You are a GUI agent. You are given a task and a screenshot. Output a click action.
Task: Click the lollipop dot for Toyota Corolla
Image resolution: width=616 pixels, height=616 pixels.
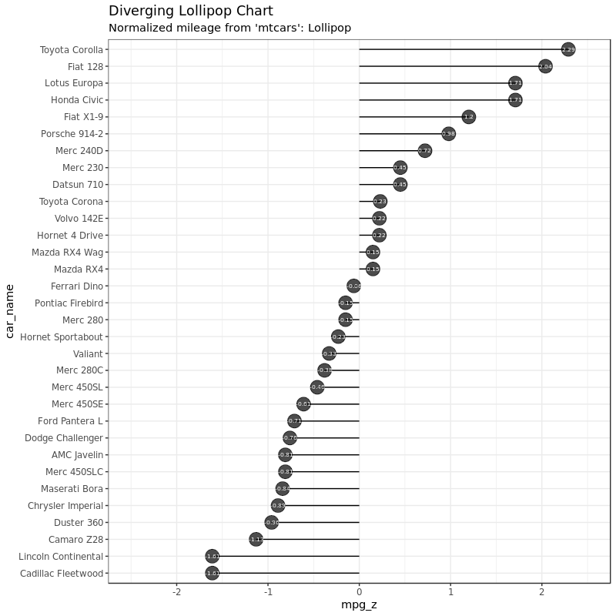click(x=568, y=49)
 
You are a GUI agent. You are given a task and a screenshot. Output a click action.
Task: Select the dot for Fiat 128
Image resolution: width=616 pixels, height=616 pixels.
click(x=545, y=66)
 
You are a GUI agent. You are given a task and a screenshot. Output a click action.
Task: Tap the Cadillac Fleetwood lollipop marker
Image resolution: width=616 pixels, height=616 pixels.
click(x=213, y=573)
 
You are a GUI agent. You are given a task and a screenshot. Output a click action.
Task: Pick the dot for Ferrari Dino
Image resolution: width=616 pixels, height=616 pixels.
click(x=353, y=286)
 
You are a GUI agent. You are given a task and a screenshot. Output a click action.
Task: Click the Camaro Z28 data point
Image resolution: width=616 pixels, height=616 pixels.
click(x=256, y=539)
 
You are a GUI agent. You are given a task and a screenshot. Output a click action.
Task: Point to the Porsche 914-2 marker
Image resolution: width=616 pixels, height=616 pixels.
click(x=448, y=134)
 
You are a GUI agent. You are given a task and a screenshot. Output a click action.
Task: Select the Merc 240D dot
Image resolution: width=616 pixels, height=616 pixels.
click(x=424, y=151)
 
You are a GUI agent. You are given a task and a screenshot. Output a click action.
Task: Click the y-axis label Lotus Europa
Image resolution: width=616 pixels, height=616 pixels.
click(x=74, y=83)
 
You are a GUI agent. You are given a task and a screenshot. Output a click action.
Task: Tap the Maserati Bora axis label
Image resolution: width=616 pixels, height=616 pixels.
click(x=72, y=489)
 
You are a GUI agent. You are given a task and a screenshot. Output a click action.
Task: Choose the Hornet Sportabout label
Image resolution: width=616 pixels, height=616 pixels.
click(x=62, y=336)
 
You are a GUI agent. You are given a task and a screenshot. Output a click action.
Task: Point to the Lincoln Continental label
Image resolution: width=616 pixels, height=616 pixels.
click(x=61, y=557)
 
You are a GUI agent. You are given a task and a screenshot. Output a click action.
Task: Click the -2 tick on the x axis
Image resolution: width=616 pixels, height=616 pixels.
click(x=176, y=592)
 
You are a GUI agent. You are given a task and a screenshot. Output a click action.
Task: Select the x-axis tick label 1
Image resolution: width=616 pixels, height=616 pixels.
click(x=450, y=592)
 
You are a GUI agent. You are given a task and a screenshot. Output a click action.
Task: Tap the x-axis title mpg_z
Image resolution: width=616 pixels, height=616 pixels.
click(x=359, y=605)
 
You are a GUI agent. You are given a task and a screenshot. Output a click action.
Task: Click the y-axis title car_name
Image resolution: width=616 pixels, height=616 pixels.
click(x=10, y=311)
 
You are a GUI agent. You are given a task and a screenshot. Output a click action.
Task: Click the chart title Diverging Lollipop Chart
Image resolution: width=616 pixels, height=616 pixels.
click(x=190, y=12)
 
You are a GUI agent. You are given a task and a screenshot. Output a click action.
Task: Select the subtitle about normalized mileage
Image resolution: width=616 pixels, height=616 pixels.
click(x=229, y=28)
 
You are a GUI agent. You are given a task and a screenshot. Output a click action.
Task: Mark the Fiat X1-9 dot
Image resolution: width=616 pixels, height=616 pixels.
click(x=468, y=117)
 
